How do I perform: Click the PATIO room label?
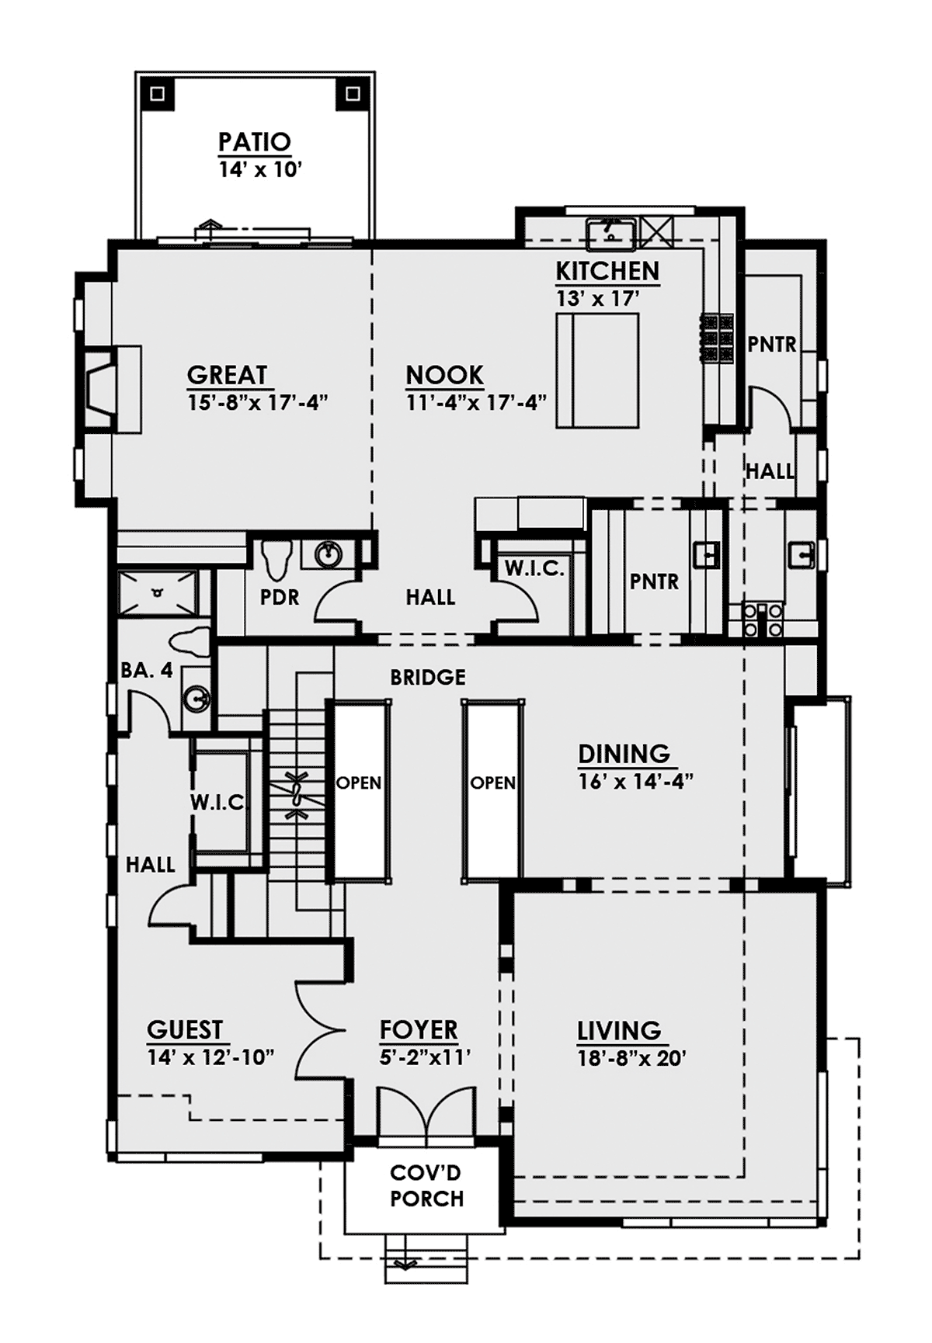coord(254,142)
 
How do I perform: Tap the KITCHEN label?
coord(607,271)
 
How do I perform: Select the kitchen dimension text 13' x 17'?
coord(597,298)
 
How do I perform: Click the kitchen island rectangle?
coord(597,370)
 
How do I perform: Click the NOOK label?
coord(445,375)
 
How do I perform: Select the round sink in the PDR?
coord(329,554)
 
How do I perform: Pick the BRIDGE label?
coord(428,677)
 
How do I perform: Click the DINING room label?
coord(624,754)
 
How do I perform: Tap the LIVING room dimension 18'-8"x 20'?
coord(631,1058)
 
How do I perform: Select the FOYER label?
coord(419,1029)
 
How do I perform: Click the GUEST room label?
coord(185,1029)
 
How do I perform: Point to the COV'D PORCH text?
coord(426,1185)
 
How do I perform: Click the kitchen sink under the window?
coord(611,232)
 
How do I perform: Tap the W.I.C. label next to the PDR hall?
coord(534,568)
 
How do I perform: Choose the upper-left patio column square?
coord(158,95)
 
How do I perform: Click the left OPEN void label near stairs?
coord(359,783)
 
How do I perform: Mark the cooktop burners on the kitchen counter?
coord(718,338)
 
